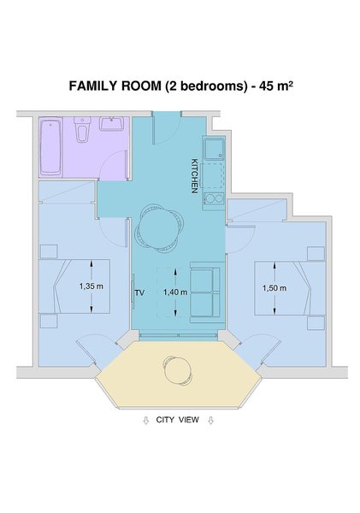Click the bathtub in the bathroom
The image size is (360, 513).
click(50, 147)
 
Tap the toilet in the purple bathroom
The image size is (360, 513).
click(82, 130)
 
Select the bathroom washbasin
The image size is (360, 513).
click(111, 124)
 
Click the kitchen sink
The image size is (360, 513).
click(214, 148)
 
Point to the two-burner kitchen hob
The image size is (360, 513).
click(214, 198)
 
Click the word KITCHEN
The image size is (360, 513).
click(194, 176)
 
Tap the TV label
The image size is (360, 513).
click(139, 292)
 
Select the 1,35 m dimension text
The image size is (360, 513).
click(91, 286)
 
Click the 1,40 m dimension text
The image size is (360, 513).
click(175, 292)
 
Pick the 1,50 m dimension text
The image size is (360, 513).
click(274, 288)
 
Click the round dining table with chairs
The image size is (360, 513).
click(160, 228)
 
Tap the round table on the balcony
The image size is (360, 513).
click(177, 369)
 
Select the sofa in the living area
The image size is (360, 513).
click(205, 292)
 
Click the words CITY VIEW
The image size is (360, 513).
click(177, 420)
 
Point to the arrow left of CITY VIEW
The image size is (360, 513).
click(146, 421)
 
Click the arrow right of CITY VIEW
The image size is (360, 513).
click(210, 421)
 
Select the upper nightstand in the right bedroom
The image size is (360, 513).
click(316, 254)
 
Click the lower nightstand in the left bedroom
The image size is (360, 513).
click(49, 321)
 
